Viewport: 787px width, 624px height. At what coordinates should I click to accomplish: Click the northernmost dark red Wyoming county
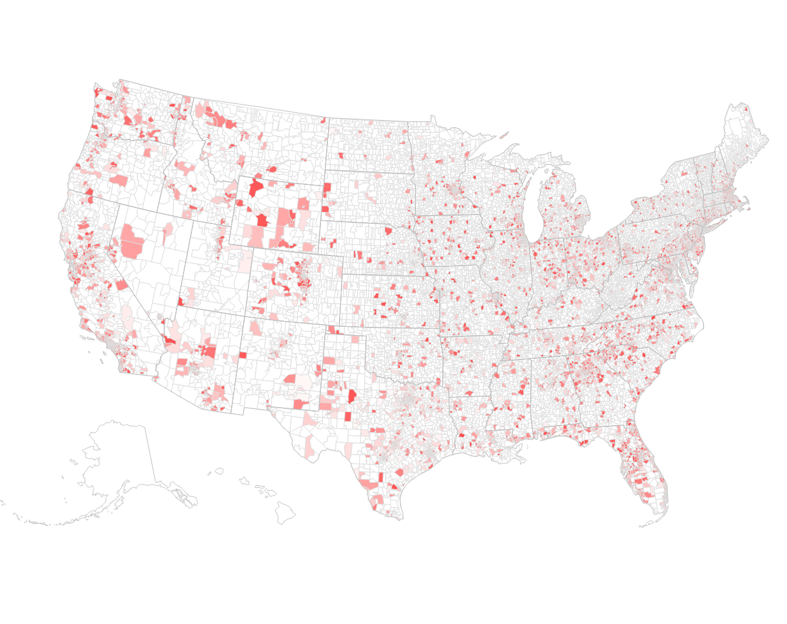pyautogui.click(x=255, y=187)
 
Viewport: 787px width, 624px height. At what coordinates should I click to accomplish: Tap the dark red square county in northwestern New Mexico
pyautogui.click(x=243, y=355)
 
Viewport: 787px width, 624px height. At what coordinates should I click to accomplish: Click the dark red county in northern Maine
pyautogui.click(x=745, y=108)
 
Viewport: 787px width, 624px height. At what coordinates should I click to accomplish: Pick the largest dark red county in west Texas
pyautogui.click(x=352, y=395)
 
